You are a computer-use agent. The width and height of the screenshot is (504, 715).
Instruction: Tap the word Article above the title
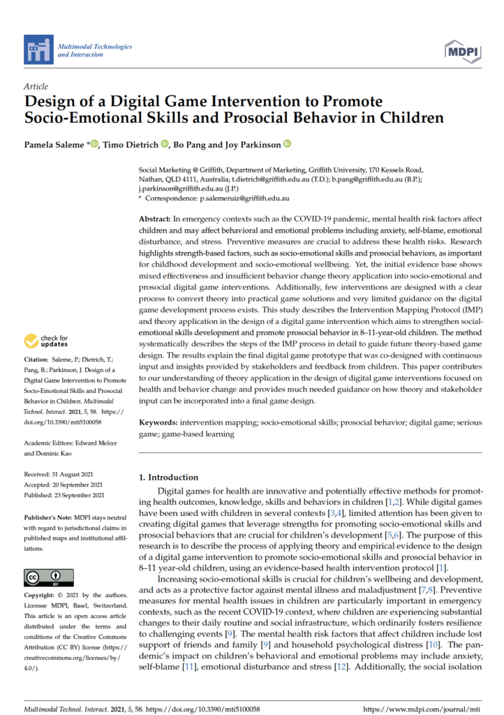click(36, 87)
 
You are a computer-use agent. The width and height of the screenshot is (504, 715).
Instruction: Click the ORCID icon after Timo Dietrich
click(165, 145)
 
